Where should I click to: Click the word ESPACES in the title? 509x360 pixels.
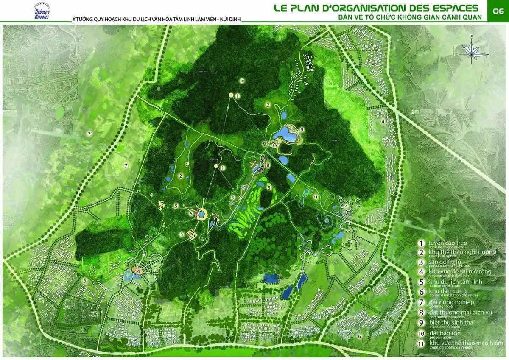453,8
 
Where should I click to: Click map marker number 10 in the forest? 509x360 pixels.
242,81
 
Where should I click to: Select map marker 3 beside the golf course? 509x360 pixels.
269,187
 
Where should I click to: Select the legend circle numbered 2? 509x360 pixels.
421,253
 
